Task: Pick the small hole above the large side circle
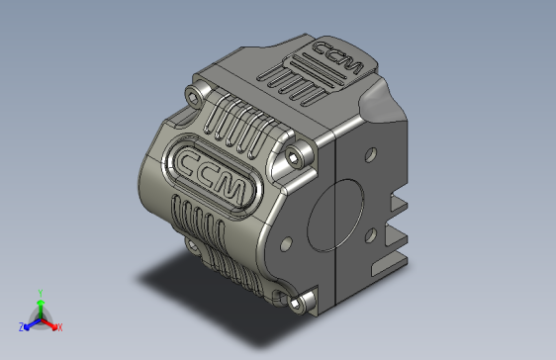[370, 155]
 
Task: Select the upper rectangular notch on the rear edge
[399, 205]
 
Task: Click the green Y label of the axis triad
[40, 293]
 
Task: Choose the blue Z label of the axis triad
[21, 326]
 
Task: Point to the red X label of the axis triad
[59, 326]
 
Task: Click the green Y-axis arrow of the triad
[40, 307]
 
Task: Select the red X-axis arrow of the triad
[50, 323]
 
